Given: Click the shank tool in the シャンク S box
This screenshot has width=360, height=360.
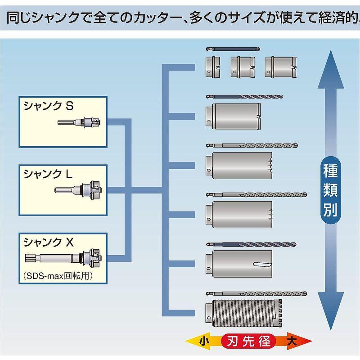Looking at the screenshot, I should [81, 122].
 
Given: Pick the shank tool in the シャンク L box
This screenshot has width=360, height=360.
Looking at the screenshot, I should [79, 189].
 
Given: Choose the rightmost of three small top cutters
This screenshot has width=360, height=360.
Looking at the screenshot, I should [280, 67].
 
